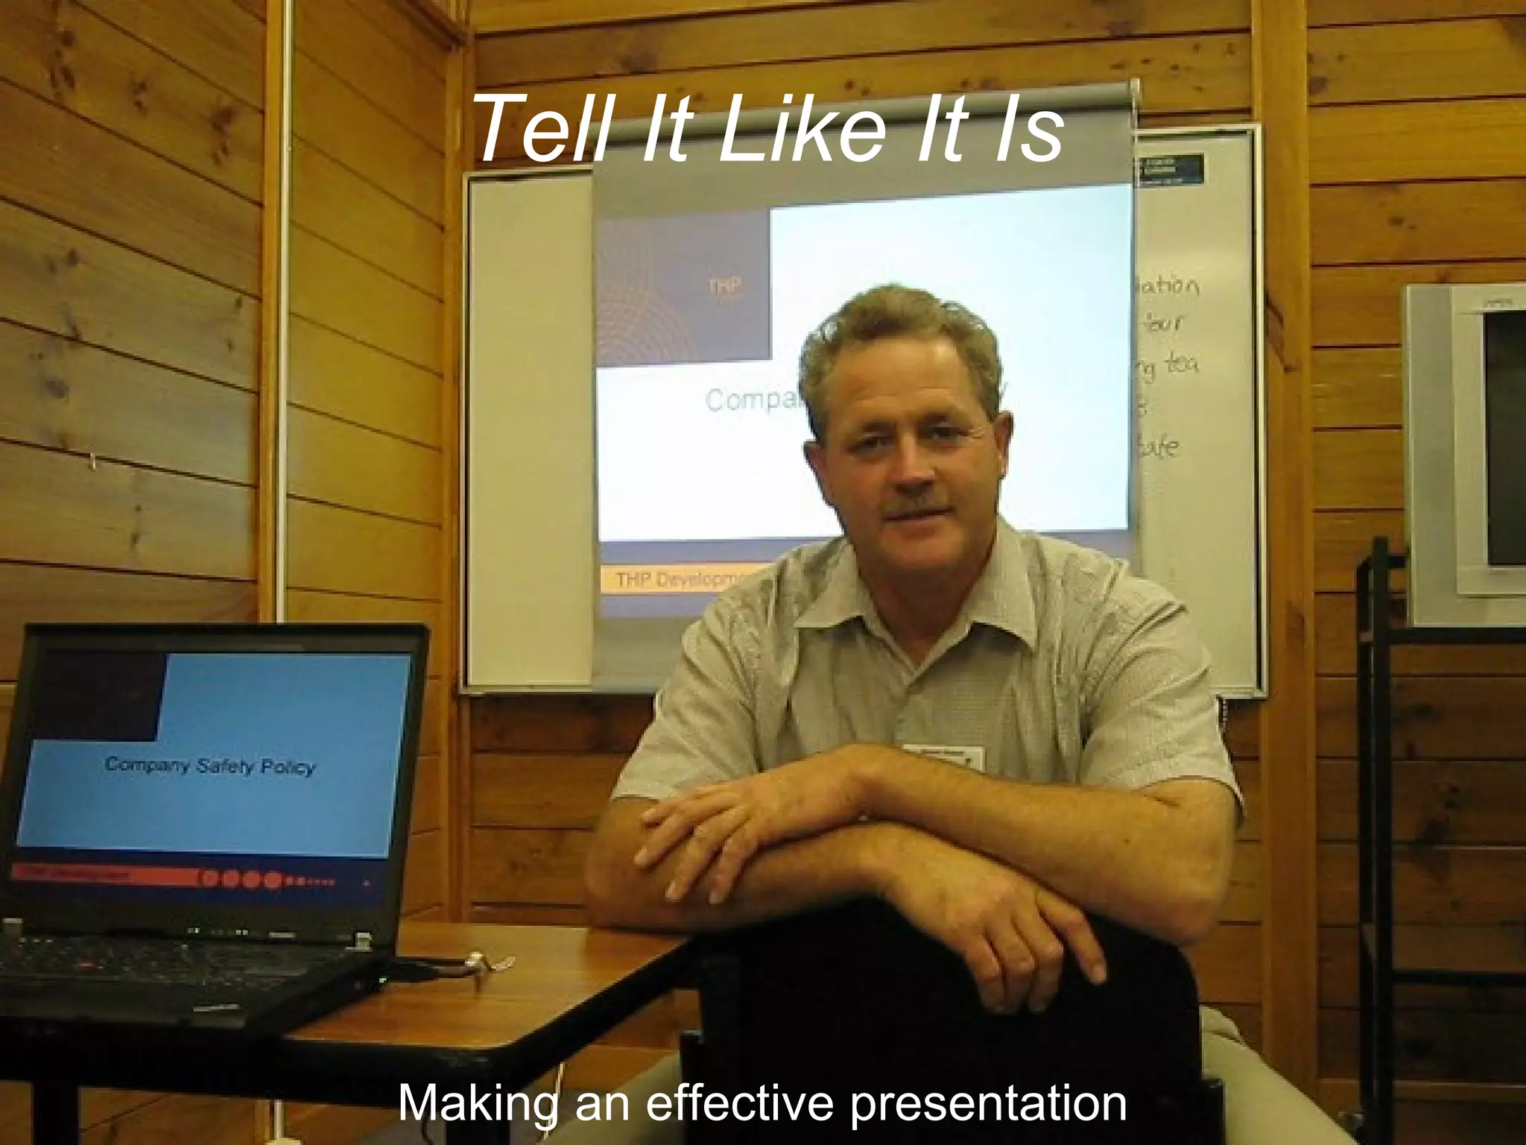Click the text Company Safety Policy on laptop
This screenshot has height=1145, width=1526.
coord(210,766)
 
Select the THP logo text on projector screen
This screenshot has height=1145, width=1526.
coord(724,287)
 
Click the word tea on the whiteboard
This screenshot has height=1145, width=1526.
coord(1180,365)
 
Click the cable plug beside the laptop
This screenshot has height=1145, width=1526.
coord(484,965)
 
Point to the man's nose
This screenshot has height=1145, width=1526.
coord(908,470)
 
